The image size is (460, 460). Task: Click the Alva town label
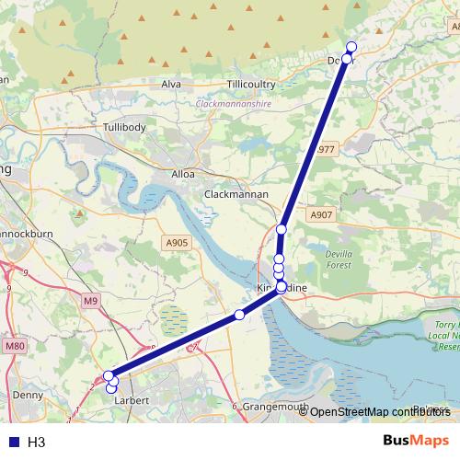pos(171,84)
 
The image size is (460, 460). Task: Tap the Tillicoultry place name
pos(251,84)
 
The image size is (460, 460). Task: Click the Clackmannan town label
pos(236,194)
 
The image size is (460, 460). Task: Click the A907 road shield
pos(320,215)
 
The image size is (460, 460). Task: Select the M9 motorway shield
pos(89,301)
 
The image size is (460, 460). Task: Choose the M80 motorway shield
pos(12,345)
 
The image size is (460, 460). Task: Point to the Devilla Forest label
pos(339,258)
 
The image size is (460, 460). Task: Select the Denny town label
pos(29,395)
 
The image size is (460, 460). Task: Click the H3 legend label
pos(37,443)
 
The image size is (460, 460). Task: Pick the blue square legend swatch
pos(11,443)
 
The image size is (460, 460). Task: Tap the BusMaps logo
pos(416,441)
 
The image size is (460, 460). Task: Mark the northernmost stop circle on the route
pos(351,48)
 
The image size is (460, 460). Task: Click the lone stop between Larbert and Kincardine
pos(240,315)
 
